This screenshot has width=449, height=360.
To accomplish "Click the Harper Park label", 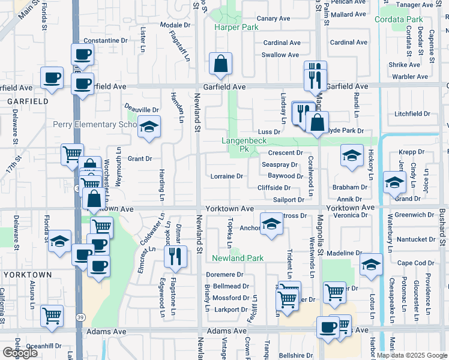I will pyautogui.click(x=237, y=28).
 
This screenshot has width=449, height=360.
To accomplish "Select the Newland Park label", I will pyautogui.click(x=238, y=258).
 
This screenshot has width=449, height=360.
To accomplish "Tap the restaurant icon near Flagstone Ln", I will pyautogui.click(x=175, y=256).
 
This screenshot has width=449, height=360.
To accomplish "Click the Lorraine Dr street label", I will pyautogui.click(x=226, y=176).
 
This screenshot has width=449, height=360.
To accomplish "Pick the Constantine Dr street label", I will pyautogui.click(x=106, y=41).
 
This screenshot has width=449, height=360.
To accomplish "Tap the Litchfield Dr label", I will pyautogui.click(x=412, y=114).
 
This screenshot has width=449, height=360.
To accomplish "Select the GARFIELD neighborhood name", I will pyautogui.click(x=28, y=102).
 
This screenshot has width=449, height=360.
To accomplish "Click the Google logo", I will pyautogui.click(x=20, y=352).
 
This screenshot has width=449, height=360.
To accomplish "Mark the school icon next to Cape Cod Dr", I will pyautogui.click(x=371, y=263).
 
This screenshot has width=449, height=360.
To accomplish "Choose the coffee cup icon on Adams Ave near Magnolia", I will pyautogui.click(x=328, y=328).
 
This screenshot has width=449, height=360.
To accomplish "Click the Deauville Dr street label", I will pyautogui.click(x=141, y=110).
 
